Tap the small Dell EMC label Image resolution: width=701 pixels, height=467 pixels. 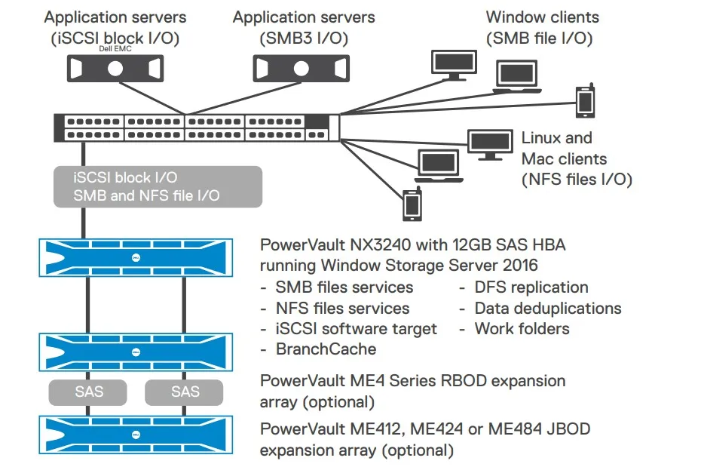(x=115, y=48)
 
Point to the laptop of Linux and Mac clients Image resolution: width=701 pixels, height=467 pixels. (x=439, y=167)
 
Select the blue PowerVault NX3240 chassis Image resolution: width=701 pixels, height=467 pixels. (x=135, y=257)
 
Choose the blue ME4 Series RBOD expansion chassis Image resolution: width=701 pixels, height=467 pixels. (x=135, y=351)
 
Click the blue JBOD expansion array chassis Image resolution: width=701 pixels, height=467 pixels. (x=135, y=434)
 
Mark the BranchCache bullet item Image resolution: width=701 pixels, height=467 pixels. (x=325, y=349)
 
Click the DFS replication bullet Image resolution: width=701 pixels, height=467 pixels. (x=531, y=287)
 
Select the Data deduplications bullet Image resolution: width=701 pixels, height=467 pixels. (x=547, y=308)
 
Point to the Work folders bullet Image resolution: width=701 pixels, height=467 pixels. (x=522, y=328)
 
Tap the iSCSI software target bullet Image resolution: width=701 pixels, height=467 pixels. (x=356, y=328)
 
